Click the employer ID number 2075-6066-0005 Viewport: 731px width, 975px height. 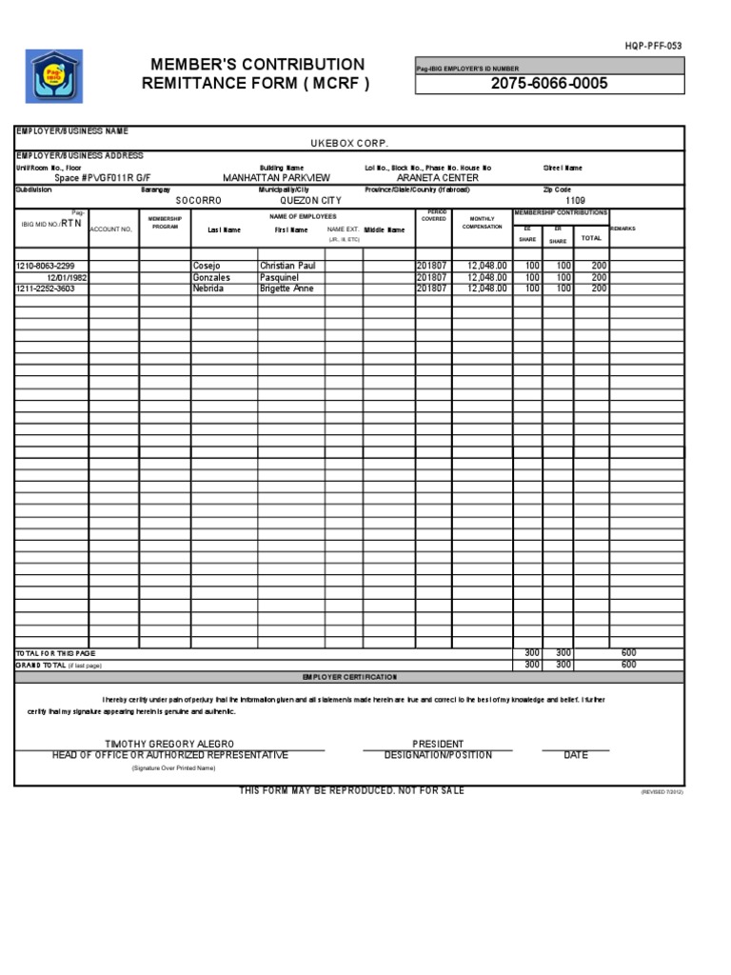pos(549,84)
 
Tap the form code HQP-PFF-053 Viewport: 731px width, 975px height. pos(654,46)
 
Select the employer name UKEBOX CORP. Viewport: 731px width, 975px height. pos(349,142)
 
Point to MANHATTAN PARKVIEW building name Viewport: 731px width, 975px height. pos(276,178)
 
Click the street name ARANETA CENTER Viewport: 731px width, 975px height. pos(437,178)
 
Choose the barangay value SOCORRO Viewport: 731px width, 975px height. pos(198,201)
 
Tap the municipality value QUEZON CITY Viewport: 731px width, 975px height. pos(309,201)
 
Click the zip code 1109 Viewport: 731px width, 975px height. pos(575,201)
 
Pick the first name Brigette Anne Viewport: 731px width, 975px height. pos(286,288)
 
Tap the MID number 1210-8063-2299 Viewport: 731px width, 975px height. pos(46,266)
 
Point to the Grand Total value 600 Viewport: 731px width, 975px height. pos(628,665)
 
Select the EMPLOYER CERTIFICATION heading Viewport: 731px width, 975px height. pos(349,676)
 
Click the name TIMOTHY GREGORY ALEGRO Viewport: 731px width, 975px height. pos(169,744)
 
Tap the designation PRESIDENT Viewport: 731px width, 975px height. pos(438,744)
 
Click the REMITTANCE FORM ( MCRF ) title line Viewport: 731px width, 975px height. pos(255,83)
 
